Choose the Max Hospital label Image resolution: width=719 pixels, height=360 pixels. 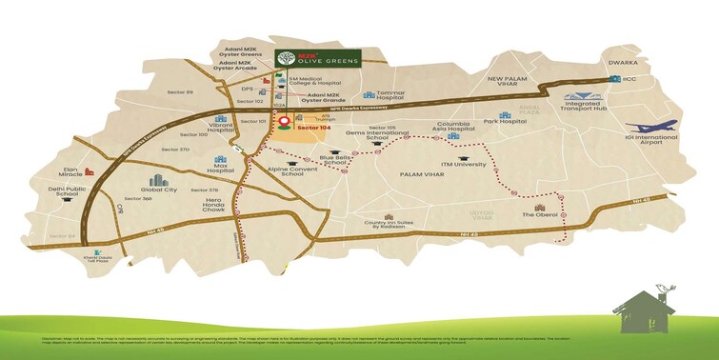(221, 173)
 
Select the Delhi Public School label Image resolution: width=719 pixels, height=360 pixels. (55, 193)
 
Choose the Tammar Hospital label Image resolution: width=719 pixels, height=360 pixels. (391, 94)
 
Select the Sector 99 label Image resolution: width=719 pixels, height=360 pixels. (177, 92)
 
